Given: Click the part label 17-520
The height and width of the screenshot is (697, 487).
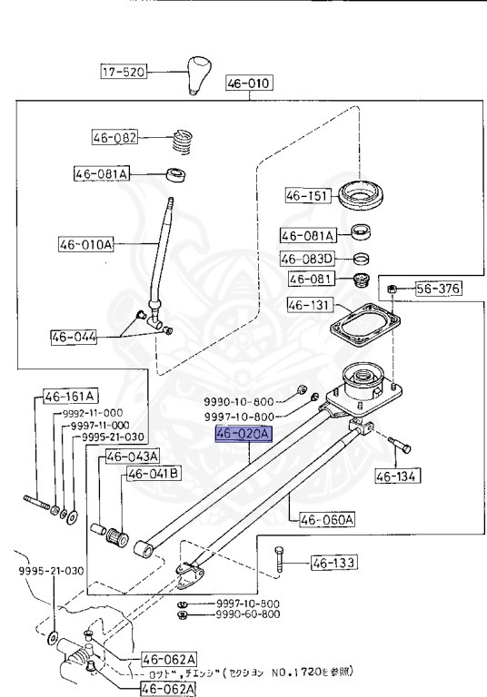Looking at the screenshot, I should point(124,71).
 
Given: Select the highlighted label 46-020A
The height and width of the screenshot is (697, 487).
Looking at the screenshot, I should point(243,435).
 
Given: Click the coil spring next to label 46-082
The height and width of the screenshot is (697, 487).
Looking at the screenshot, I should point(185,142).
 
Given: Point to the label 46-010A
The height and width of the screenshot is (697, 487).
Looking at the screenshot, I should point(86,244).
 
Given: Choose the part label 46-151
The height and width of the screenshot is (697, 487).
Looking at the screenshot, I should point(306,194).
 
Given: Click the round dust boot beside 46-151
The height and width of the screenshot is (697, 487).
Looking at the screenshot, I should point(364,192).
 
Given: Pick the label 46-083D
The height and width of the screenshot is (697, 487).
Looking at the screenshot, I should point(306,258).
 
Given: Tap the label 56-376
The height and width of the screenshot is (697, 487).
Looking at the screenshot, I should point(439,290).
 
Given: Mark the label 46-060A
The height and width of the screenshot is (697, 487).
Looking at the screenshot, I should point(322,520).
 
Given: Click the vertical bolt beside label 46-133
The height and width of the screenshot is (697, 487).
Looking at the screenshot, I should point(278,564).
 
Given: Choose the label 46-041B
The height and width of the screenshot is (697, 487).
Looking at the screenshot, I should point(153,474).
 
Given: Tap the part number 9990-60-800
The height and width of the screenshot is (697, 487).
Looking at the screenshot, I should point(247,614).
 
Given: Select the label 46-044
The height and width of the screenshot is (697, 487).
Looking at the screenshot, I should point(75,337).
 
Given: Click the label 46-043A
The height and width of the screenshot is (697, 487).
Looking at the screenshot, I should point(133,456).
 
